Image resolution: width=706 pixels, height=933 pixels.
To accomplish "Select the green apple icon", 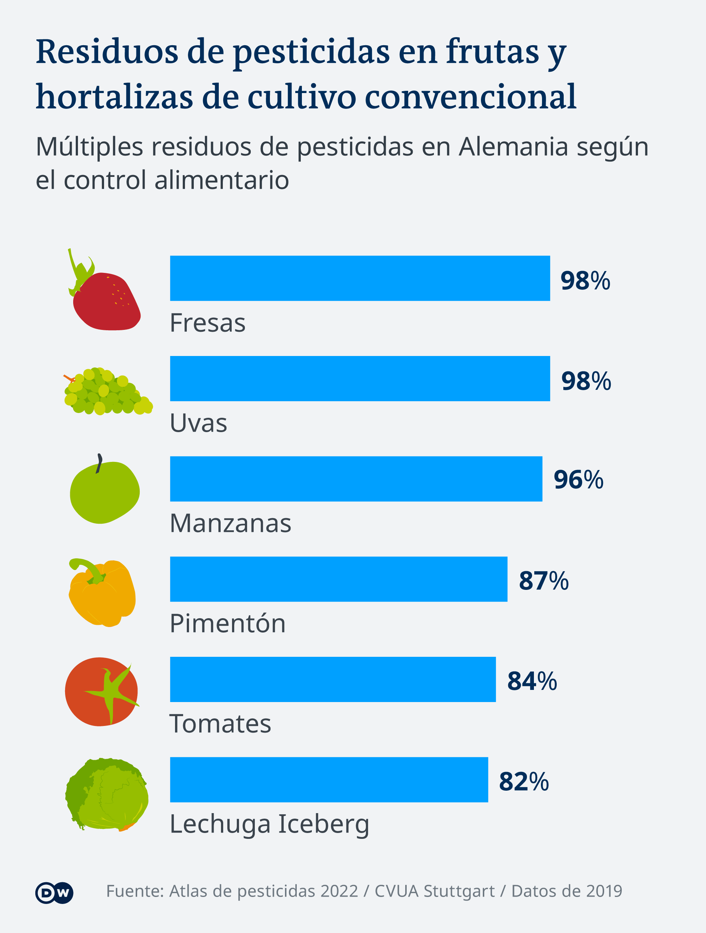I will pyautogui.click(x=104, y=491).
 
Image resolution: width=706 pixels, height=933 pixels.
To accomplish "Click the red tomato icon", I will pyautogui.click(x=101, y=692).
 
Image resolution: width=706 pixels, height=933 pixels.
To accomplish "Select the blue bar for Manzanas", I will pyautogui.click(x=356, y=479).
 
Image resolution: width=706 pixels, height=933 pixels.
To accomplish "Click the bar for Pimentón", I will pyautogui.click(x=338, y=579).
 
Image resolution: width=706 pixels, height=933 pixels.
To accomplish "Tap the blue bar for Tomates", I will pyautogui.click(x=333, y=680).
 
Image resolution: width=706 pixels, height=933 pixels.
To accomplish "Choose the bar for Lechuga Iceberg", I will pyautogui.click(x=329, y=780).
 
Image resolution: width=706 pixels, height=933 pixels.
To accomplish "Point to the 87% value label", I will pyautogui.click(x=543, y=581).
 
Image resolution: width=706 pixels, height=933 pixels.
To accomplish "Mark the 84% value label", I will pyautogui.click(x=532, y=681).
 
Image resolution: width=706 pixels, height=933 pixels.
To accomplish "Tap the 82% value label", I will pyautogui.click(x=524, y=781).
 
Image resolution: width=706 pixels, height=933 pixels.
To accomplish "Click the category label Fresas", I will pyautogui.click(x=207, y=324).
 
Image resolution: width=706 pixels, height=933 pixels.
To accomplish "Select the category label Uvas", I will pyautogui.click(x=198, y=424).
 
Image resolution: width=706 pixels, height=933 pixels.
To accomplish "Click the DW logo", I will pyautogui.click(x=54, y=893).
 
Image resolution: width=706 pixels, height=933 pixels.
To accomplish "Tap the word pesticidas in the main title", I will pyautogui.click(x=311, y=52).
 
